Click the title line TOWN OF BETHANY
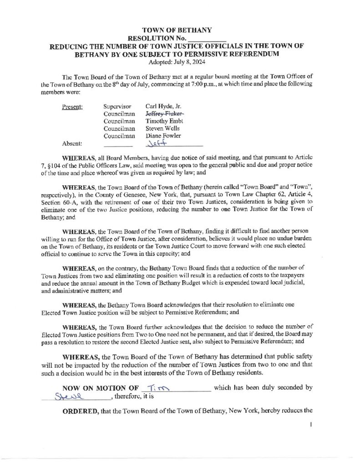tap(180, 30)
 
